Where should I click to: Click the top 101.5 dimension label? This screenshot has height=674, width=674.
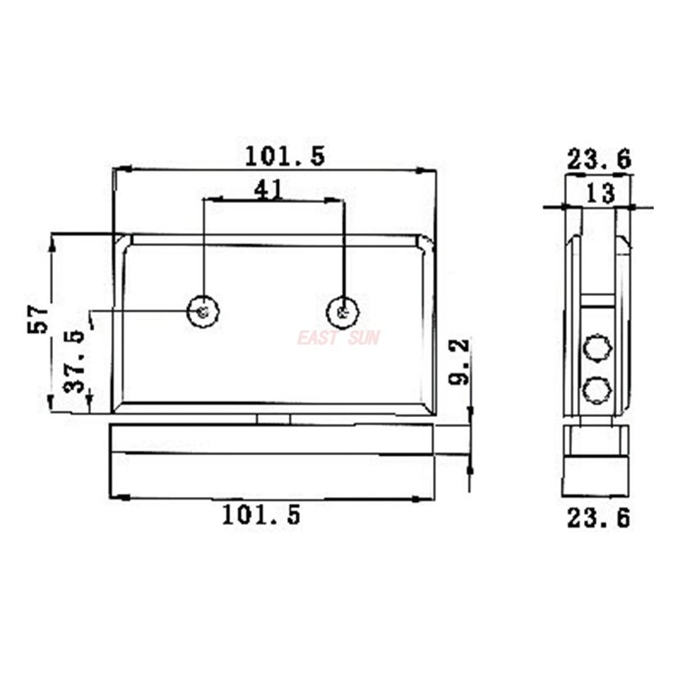pyautogui.click(x=285, y=156)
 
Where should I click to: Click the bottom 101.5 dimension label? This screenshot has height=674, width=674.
pyautogui.click(x=261, y=516)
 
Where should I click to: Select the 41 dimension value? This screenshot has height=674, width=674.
pyautogui.click(x=267, y=190)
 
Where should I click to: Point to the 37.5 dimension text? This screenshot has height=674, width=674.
pyautogui.click(x=74, y=361)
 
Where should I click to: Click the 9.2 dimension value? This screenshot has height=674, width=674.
pyautogui.click(x=461, y=363)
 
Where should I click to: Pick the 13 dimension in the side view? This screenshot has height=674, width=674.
pyautogui.click(x=599, y=194)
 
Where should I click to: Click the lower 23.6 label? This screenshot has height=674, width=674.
pyautogui.click(x=597, y=518)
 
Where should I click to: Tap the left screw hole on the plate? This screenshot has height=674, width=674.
pyautogui.click(x=203, y=312)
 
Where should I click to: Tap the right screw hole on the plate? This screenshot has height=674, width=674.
pyautogui.click(x=343, y=312)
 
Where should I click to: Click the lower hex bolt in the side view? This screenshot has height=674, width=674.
pyautogui.click(x=596, y=389)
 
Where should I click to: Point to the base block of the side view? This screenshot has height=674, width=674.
pyautogui.click(x=596, y=461)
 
